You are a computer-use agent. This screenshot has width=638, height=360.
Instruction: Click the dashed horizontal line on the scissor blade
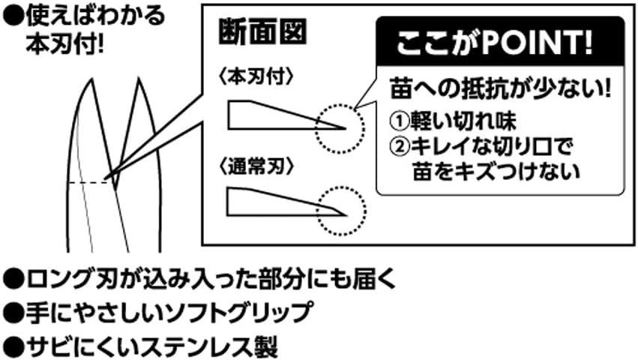coord(86,182)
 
